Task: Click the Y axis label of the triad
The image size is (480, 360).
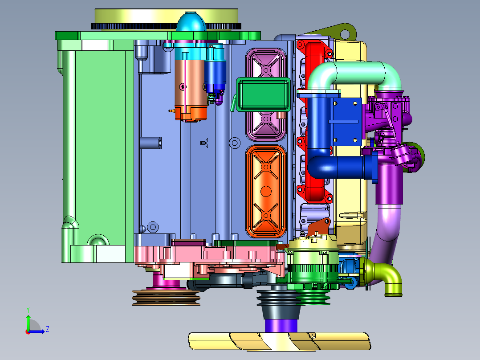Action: point(28,310)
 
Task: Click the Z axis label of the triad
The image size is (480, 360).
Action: point(48,329)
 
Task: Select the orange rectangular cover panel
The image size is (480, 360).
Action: point(266,192)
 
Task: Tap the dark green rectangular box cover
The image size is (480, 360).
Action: point(263,94)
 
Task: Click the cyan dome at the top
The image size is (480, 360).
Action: point(191,22)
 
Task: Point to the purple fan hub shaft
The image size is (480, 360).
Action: point(281,326)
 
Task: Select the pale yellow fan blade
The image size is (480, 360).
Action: point(279,341)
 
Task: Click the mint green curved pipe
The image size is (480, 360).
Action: point(354,74)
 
